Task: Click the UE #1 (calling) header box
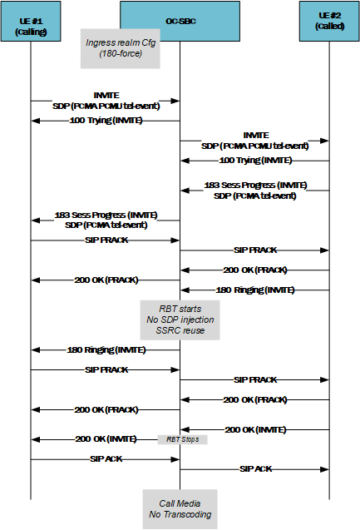31,26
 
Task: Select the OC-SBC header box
180,26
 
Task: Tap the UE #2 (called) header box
329,26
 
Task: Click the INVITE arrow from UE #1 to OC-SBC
106,102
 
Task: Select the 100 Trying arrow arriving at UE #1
106,121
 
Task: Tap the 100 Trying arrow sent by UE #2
255,160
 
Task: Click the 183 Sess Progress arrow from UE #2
255,191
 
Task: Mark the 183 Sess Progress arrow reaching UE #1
106,220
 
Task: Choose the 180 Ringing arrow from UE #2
255,290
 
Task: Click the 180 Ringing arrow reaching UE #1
106,349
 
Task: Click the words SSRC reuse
180,330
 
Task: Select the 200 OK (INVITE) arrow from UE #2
255,429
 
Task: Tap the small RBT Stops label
180,438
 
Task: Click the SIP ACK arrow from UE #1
106,458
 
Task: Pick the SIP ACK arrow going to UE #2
255,469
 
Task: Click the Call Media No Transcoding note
180,508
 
